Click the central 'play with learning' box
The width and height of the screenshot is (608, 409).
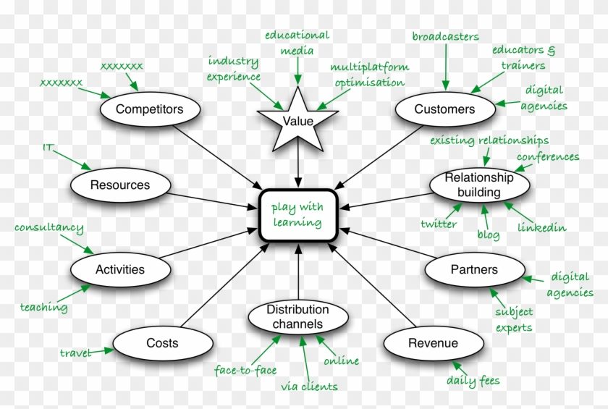(297, 215)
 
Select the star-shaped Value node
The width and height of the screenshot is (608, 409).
(298, 120)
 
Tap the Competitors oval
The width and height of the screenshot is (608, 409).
(149, 109)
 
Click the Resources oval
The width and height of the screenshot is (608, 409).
(120, 185)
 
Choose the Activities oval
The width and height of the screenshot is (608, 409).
(120, 269)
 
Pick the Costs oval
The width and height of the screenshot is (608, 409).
(162, 342)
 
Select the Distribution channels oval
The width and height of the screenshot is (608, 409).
(297, 316)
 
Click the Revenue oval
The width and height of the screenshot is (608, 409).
(433, 343)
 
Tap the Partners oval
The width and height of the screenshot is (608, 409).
(474, 269)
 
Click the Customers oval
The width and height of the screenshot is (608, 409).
(444, 109)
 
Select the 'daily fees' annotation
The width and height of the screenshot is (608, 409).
(473, 380)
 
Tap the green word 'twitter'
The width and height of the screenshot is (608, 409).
(439, 224)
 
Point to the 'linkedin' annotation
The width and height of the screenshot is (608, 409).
(541, 227)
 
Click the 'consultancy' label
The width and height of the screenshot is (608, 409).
(48, 228)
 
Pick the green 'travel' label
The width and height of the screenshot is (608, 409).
(75, 353)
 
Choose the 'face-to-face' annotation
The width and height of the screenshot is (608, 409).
(245, 370)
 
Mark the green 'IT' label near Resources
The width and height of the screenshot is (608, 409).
(48, 148)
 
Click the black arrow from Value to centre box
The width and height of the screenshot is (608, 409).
(298, 163)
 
